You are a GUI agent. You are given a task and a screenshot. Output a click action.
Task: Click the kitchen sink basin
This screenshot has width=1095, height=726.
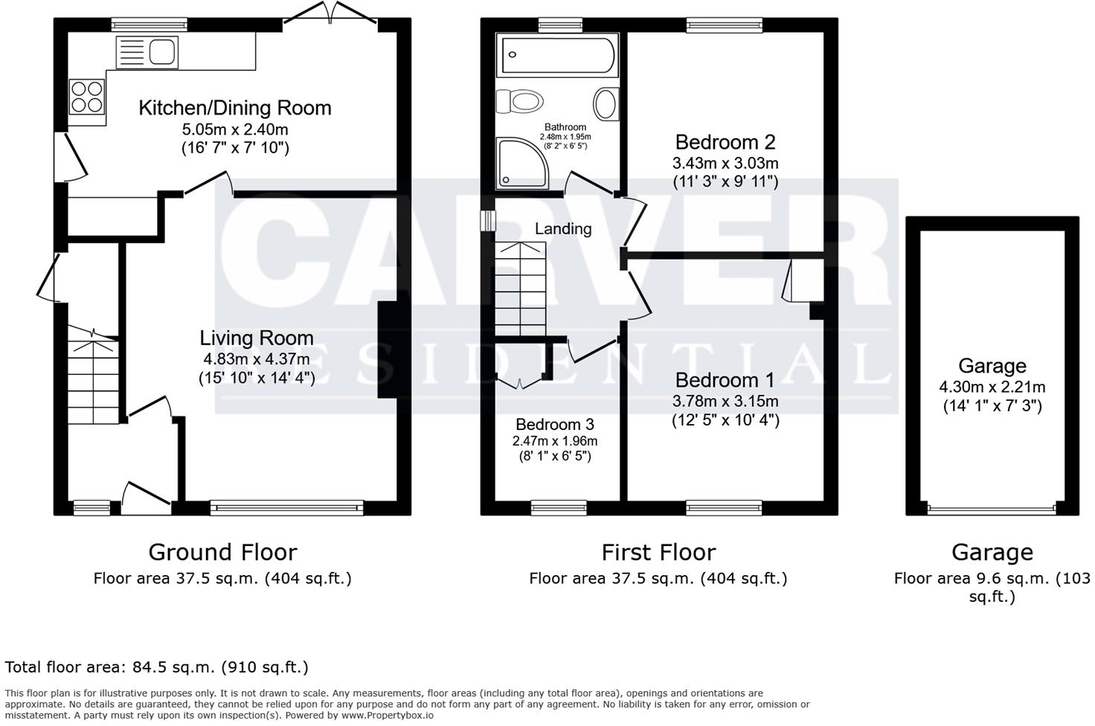pos(162,52)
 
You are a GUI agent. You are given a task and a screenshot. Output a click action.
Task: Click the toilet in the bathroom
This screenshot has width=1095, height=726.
pos(520,101)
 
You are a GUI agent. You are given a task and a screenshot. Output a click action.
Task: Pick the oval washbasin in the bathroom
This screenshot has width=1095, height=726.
pos(606,103)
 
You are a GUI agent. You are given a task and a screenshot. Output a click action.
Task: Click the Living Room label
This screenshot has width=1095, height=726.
pos(256,338)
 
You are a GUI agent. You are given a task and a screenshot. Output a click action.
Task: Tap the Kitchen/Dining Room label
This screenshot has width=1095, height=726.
pos(235,108)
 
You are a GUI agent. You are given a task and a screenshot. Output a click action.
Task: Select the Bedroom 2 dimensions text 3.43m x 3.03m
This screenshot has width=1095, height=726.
pos(725,163)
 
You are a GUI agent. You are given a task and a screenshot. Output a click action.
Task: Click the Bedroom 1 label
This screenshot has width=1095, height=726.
pos(725,380)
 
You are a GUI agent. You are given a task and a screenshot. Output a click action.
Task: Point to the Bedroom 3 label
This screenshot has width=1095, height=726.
pos(555,425)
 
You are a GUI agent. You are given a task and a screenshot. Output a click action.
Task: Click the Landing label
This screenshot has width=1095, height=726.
pos(563,229)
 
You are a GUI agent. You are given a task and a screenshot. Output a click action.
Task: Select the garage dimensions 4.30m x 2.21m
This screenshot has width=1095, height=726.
pos(992,387)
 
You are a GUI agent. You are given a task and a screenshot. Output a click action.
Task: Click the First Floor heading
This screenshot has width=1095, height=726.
pos(658,553)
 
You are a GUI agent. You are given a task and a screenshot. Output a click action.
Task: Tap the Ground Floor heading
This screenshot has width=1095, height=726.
pos(222,553)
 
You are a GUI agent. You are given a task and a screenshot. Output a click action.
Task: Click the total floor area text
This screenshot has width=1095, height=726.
pos(157,667)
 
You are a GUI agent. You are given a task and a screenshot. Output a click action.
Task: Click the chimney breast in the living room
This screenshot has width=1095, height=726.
pos(388,350)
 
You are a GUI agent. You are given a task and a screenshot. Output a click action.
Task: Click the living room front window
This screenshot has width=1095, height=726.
pos(286,508)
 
